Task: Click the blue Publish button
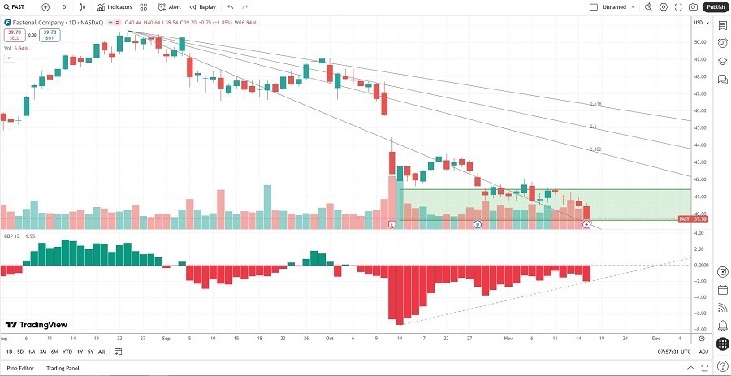716,6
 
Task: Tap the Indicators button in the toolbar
115,6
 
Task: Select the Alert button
170,6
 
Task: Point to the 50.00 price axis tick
699,42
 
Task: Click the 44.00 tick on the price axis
699,145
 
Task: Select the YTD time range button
67,352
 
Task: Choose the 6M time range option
54,352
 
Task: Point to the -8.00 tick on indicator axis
699,329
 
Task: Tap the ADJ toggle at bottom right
703,352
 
